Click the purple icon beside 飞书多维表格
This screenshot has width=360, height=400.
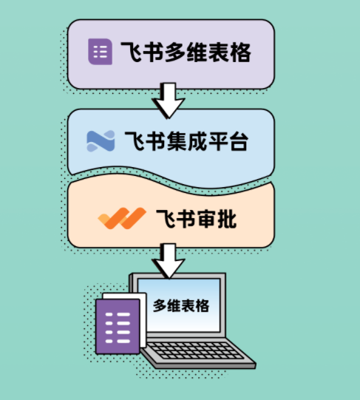(x=100, y=52)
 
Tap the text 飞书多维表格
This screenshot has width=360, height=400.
(x=186, y=52)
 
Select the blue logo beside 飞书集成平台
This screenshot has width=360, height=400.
(x=101, y=141)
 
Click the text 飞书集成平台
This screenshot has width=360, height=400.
(x=186, y=141)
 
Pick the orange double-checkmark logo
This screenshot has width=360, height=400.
(x=122, y=218)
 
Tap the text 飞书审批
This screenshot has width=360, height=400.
(x=196, y=219)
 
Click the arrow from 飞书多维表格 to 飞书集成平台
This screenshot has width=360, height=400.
(x=168, y=101)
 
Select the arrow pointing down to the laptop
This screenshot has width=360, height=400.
(x=168, y=261)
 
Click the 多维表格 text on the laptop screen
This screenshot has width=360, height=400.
(x=181, y=305)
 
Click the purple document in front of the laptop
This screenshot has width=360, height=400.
(x=118, y=327)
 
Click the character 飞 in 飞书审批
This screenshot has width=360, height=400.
(x=166, y=219)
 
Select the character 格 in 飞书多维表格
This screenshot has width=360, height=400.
(x=241, y=52)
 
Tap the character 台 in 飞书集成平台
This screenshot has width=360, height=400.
(x=239, y=141)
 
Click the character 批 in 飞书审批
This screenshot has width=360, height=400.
(x=227, y=219)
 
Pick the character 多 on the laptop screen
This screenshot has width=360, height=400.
(x=159, y=305)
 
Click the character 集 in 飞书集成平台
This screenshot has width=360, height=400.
(x=176, y=141)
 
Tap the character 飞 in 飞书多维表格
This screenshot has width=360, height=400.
(x=131, y=52)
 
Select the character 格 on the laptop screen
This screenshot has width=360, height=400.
(x=203, y=305)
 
